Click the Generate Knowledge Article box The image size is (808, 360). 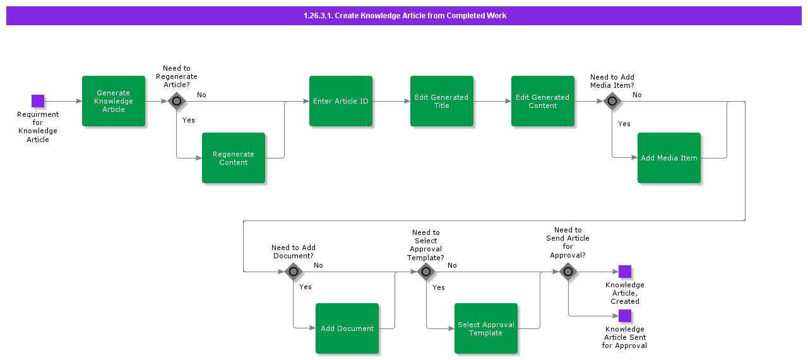click(x=114, y=101)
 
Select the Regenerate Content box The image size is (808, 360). click(x=234, y=158)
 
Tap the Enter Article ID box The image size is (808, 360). click(x=341, y=101)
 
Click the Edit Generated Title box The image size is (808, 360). click(x=442, y=101)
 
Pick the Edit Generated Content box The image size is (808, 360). click(x=543, y=101)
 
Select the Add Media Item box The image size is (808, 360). click(x=669, y=158)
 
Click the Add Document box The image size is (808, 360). click(x=347, y=328)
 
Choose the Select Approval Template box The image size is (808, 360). click(x=486, y=328)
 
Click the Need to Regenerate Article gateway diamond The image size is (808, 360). click(x=177, y=101)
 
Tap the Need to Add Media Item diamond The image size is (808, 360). click(x=612, y=101)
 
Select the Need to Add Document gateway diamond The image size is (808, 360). click(x=294, y=272)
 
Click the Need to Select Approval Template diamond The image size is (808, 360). click(x=426, y=272)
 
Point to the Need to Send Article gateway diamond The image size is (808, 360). click(x=568, y=272)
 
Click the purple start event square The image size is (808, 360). click(x=38, y=101)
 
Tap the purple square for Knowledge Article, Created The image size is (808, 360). click(x=625, y=272)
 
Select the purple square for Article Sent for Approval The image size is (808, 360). click(x=625, y=316)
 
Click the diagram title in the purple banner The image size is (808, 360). click(x=405, y=16)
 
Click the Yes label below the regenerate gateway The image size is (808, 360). click(x=188, y=120)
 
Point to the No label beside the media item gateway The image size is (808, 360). click(x=637, y=95)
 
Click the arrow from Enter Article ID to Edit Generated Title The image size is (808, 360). click(x=391, y=101)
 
